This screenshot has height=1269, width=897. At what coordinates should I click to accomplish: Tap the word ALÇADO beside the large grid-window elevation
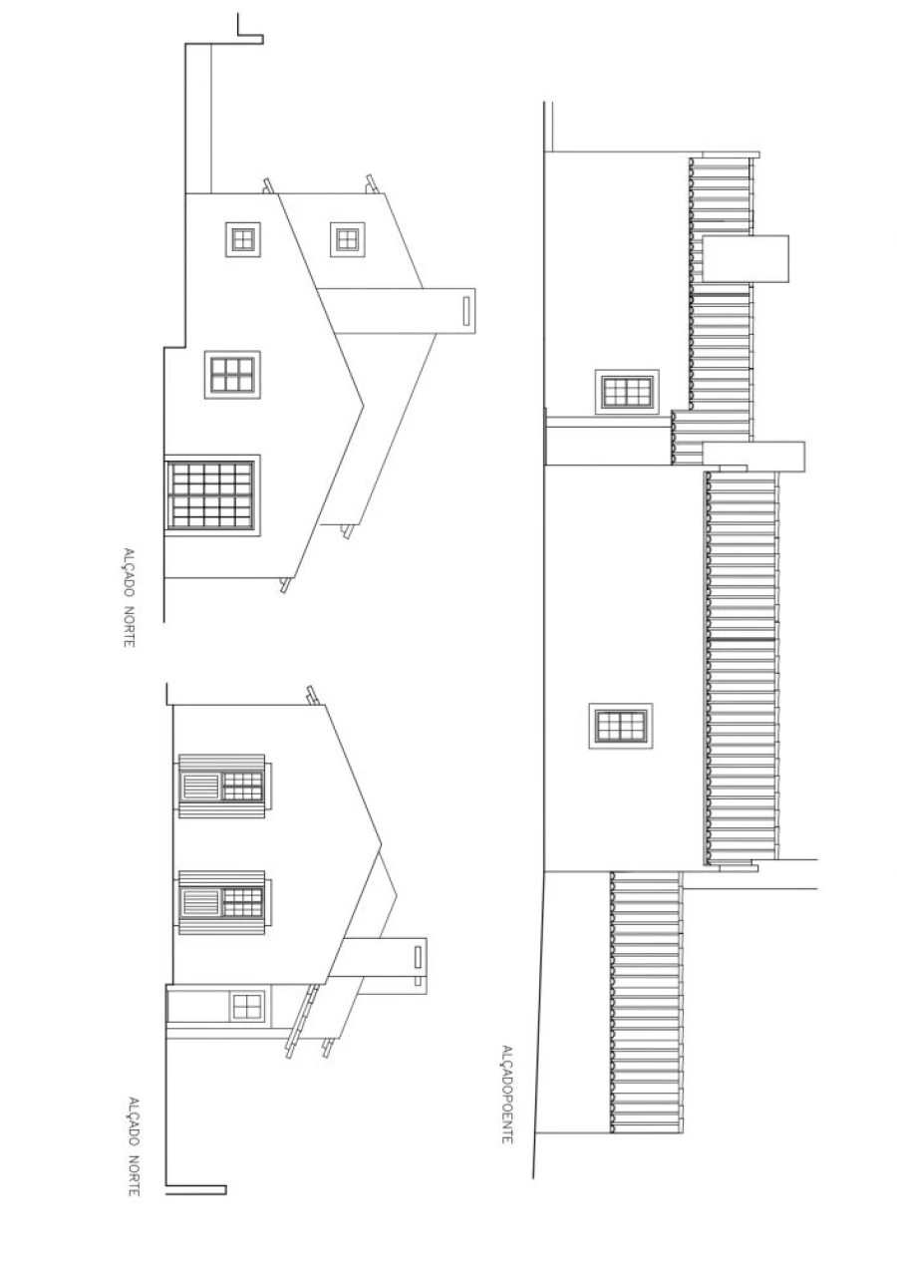point(130,572)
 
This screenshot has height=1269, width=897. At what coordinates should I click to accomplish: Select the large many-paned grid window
point(212,495)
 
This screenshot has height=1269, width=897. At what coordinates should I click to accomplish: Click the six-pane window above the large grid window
point(233,375)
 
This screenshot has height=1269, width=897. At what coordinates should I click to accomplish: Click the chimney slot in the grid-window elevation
point(466,311)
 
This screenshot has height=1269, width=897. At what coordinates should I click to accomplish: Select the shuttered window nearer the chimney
point(222,902)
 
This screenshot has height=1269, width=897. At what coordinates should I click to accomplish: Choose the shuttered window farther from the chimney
point(222,786)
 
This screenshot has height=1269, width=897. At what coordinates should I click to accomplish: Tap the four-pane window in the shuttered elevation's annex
point(247,1007)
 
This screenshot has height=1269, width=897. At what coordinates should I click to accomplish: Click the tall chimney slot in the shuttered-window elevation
point(418,957)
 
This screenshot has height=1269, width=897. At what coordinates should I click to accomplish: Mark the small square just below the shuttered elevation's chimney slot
point(418,981)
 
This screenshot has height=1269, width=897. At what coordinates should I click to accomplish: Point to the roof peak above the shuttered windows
point(381,844)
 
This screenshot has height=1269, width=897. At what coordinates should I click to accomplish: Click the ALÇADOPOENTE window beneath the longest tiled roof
point(621,726)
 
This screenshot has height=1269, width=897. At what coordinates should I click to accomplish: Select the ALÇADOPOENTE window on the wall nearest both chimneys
point(627,392)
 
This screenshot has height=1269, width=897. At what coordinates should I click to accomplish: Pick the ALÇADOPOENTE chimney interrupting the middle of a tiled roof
point(746,258)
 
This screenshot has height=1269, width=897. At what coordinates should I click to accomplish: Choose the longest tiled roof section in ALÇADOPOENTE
point(742,669)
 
